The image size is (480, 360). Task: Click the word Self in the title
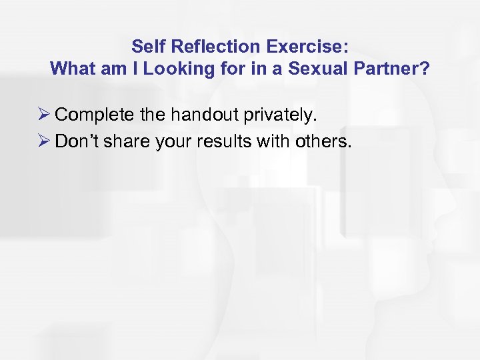(145, 47)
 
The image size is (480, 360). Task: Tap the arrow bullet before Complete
(45, 115)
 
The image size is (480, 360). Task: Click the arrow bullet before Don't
(45, 141)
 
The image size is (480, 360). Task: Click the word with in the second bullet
(269, 141)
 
